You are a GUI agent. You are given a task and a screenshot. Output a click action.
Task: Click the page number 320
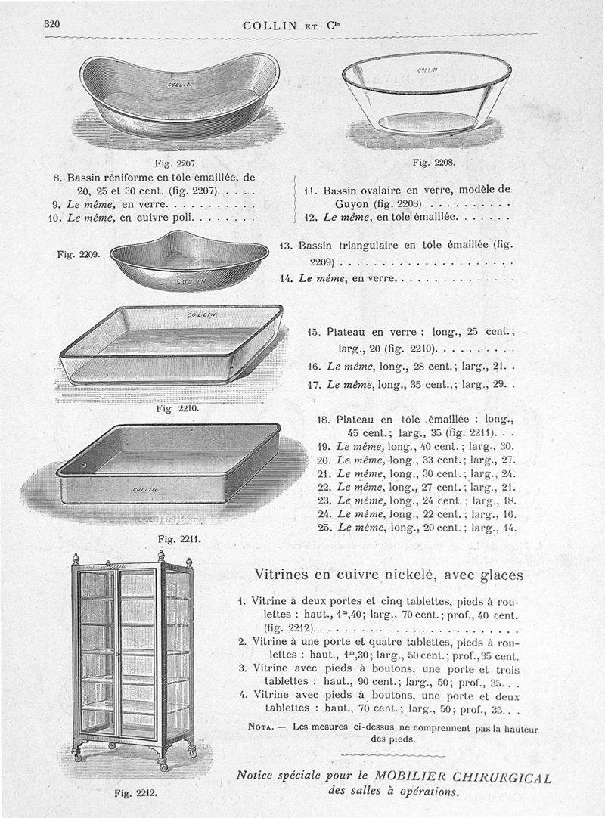pyautogui.click(x=51, y=24)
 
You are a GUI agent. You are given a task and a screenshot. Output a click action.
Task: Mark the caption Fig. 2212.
pyautogui.click(x=135, y=793)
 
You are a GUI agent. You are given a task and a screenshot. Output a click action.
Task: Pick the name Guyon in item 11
pyautogui.click(x=350, y=204)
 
